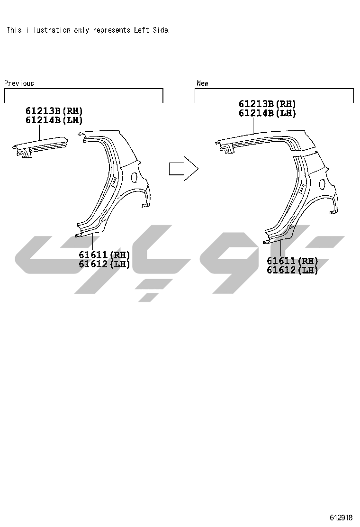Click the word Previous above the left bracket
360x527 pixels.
tap(19, 83)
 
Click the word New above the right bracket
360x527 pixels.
tap(203, 83)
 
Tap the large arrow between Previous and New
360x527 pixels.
tap(183, 168)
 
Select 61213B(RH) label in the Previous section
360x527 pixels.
tap(54, 110)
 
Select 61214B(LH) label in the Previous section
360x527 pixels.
tap(54, 120)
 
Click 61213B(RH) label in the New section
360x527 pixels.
tap(267, 104)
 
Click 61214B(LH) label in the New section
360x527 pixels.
tap(267, 113)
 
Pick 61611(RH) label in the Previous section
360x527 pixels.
tap(104, 255)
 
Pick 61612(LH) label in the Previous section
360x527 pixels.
tap(104, 264)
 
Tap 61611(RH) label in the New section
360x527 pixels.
tap(293, 261)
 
